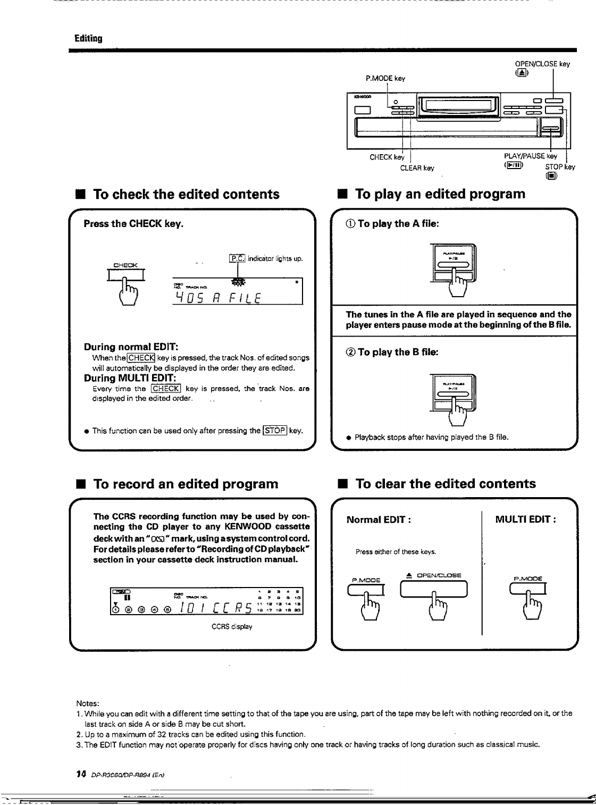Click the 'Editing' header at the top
(88, 38)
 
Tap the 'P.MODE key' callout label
(385, 78)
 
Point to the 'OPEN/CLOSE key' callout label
(546, 64)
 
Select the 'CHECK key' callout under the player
(387, 157)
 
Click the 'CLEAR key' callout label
(417, 168)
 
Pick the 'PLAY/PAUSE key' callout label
(530, 156)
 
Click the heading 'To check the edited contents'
(186, 194)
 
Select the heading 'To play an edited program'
(440, 194)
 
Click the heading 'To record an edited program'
(186, 484)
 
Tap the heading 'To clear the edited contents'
(445, 484)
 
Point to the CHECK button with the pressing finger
(127, 275)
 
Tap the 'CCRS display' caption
(232, 626)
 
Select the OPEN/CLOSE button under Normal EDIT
(434, 589)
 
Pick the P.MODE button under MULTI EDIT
(528, 589)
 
